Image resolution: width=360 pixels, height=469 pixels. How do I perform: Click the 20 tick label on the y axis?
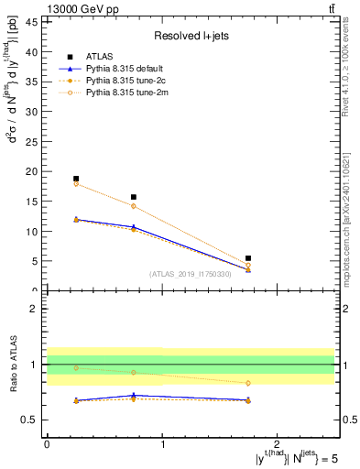[x=33, y=171]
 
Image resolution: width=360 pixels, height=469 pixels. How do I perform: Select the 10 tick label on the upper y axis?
[x=33, y=232]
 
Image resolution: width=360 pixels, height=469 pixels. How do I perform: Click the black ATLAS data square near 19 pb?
[x=76, y=179]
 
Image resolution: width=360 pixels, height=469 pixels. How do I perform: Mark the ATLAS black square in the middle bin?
[x=134, y=197]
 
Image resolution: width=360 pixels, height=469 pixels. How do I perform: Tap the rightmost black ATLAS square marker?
[x=248, y=258]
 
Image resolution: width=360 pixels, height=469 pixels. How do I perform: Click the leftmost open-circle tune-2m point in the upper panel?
[x=76, y=184]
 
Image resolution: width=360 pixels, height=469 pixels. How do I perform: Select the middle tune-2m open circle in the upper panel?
[x=134, y=206]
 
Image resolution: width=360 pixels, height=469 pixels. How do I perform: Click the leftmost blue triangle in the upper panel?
[x=76, y=219]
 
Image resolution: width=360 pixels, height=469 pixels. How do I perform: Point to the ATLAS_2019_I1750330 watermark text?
[x=189, y=274]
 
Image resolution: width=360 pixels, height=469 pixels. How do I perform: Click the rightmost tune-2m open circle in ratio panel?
[x=248, y=383]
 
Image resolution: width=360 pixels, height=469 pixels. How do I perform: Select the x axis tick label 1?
[x=163, y=443]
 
